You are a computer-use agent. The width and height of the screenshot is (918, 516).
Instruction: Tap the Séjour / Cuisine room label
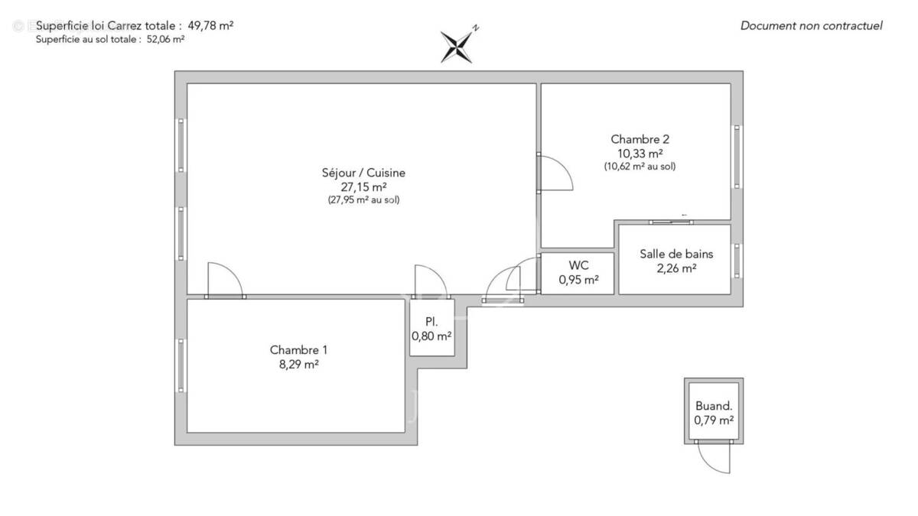[x=363, y=173]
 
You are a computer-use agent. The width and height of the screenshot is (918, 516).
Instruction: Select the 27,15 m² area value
[x=363, y=187]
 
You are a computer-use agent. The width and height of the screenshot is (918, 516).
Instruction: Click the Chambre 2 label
[x=640, y=139]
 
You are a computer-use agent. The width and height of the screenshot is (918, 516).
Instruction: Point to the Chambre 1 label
[x=298, y=350]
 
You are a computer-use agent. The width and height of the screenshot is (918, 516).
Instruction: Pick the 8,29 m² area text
[x=298, y=365]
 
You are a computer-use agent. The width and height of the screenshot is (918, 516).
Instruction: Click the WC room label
[x=578, y=265]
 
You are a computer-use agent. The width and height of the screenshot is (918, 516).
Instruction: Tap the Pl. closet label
[x=431, y=322]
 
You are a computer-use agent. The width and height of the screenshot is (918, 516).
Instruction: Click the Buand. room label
[x=714, y=407]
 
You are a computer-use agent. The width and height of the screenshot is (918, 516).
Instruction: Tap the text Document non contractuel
[x=811, y=25]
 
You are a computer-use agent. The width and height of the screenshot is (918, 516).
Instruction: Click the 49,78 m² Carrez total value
[x=210, y=25]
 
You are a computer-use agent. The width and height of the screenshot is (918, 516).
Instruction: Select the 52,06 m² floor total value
[x=165, y=40]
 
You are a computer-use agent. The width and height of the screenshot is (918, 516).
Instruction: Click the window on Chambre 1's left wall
[x=181, y=365]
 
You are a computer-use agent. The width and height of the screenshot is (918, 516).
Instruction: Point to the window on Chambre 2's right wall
[x=737, y=157]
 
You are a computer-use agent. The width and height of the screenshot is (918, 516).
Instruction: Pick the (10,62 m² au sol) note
[x=640, y=166]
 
